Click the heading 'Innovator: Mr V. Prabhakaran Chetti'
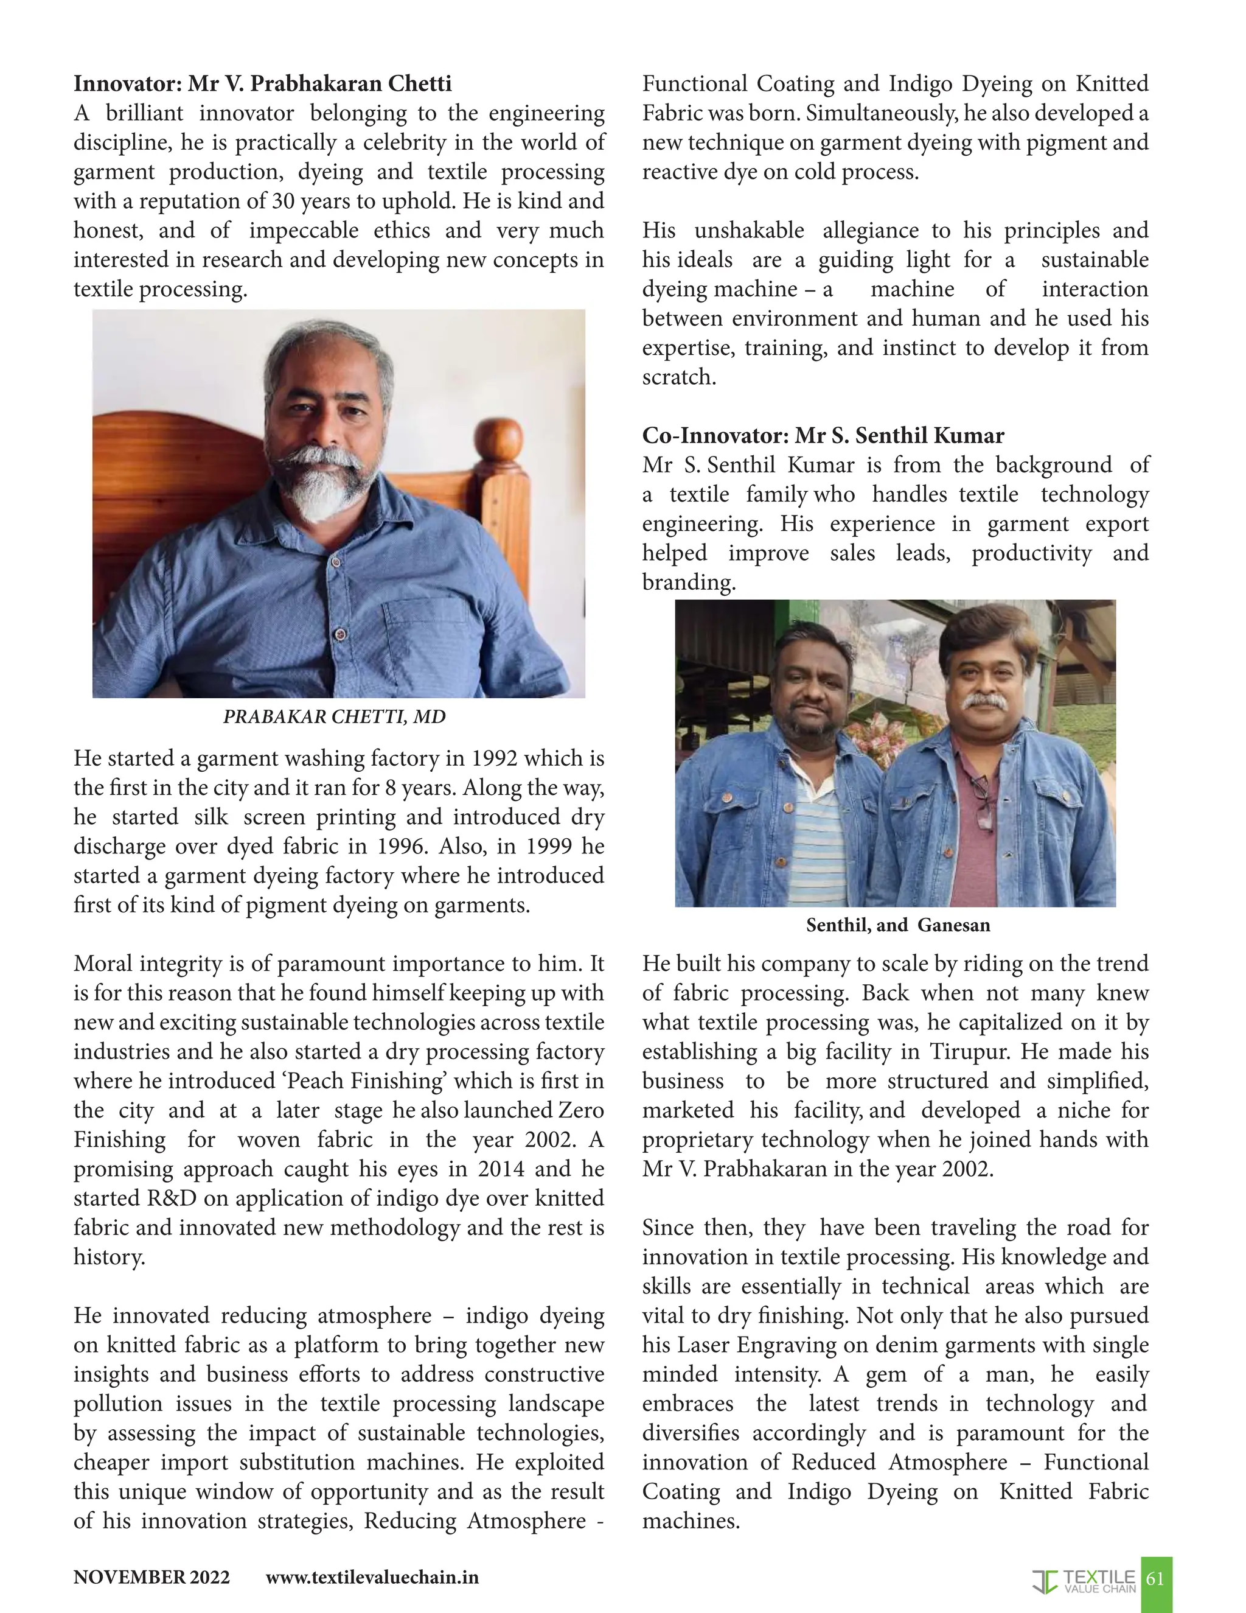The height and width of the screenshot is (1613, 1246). (x=262, y=83)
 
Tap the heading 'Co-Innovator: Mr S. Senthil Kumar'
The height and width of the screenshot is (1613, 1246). (x=823, y=435)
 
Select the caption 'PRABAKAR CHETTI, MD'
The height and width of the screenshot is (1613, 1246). (x=335, y=716)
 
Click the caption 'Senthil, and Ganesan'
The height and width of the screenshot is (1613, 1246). (x=897, y=925)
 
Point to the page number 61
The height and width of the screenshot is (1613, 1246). (x=1155, y=1578)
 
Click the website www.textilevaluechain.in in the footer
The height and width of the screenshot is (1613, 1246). (x=372, y=1578)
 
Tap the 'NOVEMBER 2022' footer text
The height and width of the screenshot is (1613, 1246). (x=151, y=1578)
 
